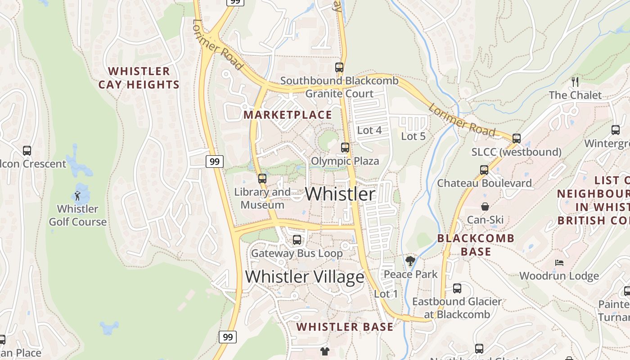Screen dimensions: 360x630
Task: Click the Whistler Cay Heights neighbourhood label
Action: point(139,78)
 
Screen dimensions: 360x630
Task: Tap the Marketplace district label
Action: point(288,115)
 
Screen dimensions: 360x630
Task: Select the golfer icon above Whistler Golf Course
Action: point(77,196)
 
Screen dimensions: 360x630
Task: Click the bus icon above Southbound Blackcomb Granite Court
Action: point(339,67)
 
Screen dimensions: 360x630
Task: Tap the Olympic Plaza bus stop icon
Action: point(345,148)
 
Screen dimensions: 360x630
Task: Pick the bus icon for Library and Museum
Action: point(262,179)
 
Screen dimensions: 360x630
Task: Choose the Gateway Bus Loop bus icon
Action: point(297,240)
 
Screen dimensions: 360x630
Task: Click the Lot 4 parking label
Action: point(369,130)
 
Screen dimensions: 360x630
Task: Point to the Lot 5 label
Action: point(413,136)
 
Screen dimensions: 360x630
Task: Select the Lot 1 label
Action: point(386,294)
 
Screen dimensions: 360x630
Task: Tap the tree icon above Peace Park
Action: point(410,261)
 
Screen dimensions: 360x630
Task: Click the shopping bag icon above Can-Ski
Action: point(485,207)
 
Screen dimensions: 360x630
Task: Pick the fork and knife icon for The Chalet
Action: point(575,81)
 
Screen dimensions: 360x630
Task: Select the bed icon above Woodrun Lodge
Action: point(559,262)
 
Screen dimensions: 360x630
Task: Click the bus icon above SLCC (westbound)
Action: point(517,139)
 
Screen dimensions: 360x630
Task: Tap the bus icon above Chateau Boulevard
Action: point(484,170)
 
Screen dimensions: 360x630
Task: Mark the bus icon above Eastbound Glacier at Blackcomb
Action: point(457,288)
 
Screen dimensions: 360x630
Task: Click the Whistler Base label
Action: point(345,327)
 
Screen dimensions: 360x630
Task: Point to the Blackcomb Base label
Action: point(476,245)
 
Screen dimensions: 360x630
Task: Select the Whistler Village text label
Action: point(305,277)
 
